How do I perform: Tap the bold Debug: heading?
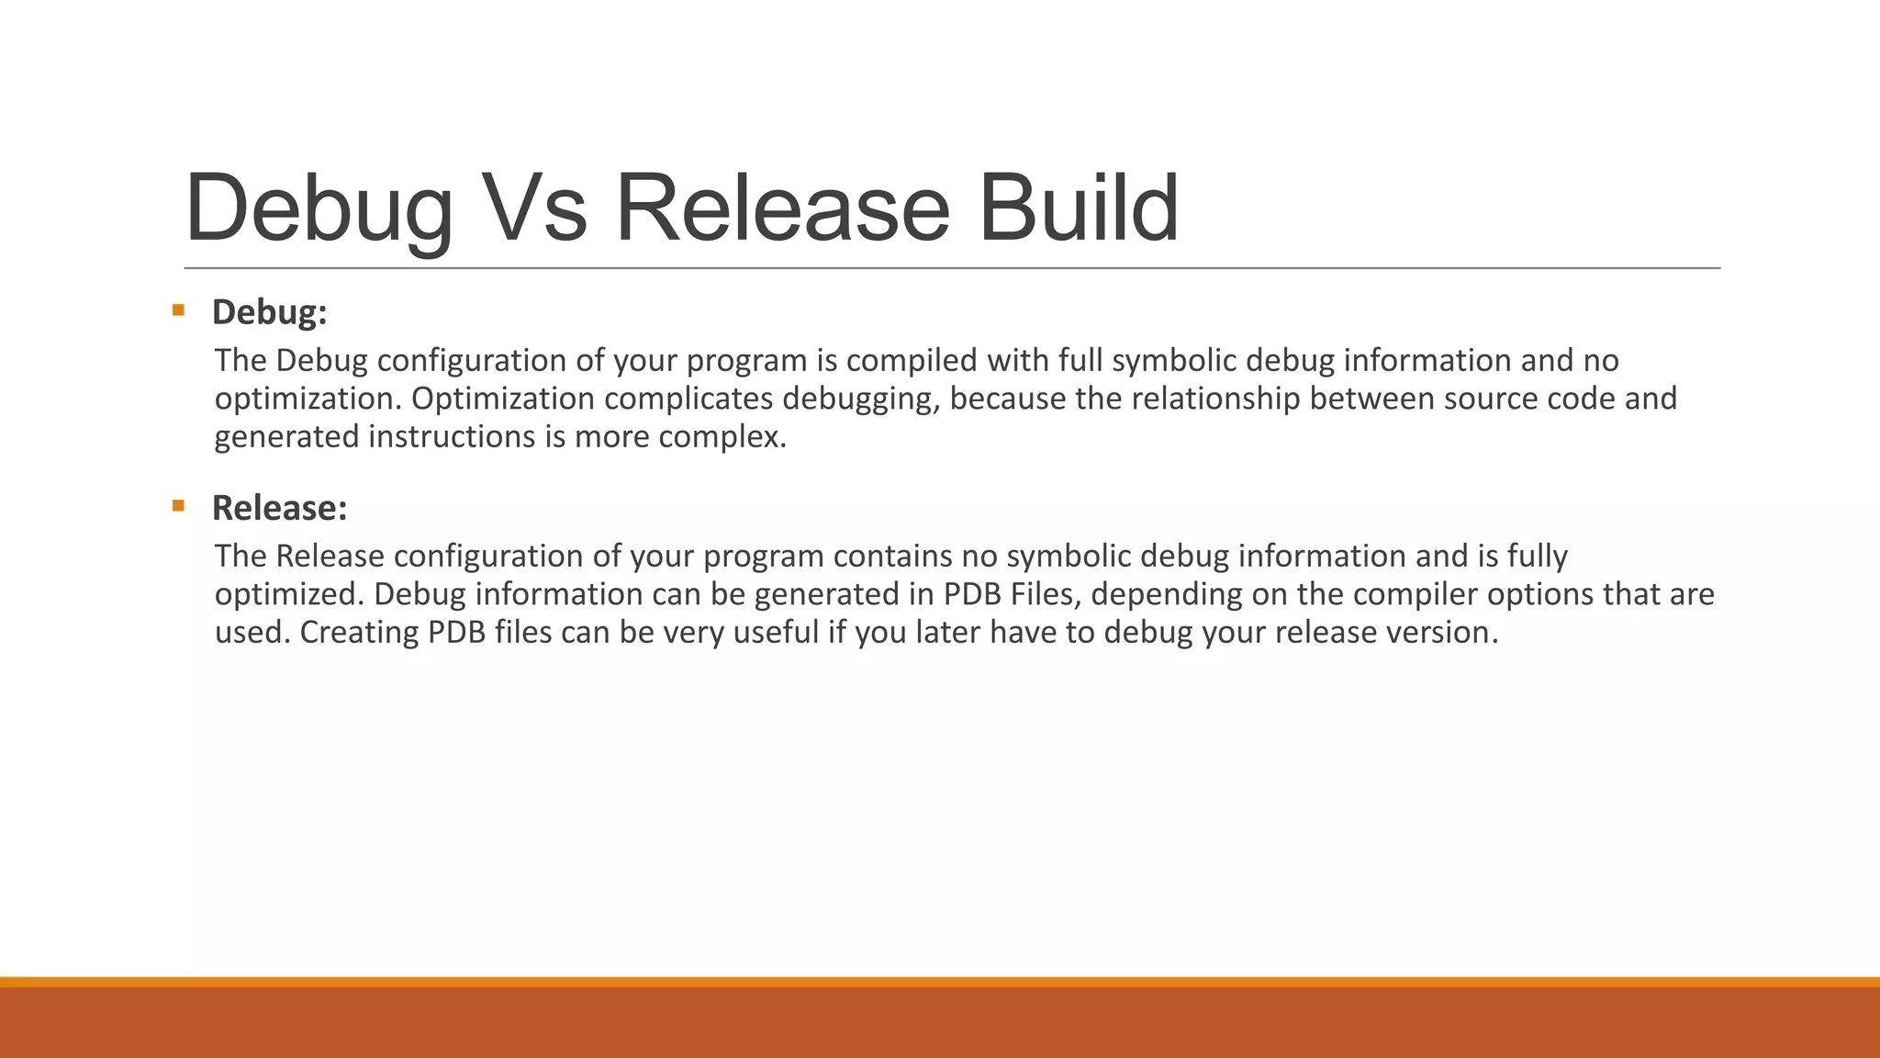coord(269,312)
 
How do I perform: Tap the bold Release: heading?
coord(279,508)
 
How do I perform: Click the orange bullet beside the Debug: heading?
coord(178,310)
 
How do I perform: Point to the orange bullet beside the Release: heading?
coord(178,505)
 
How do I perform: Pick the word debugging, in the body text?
coord(861,400)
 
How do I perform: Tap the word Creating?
coord(359,633)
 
